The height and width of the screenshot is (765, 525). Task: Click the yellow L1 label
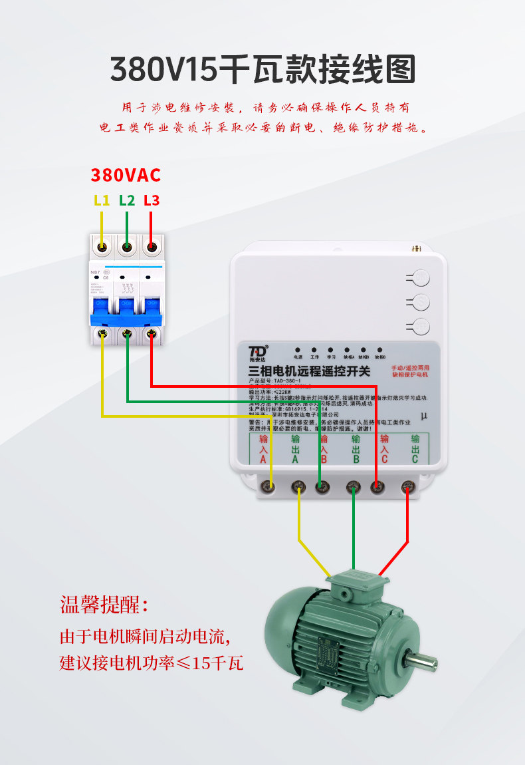pyautogui.click(x=101, y=200)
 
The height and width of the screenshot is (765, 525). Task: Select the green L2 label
pyautogui.click(x=127, y=200)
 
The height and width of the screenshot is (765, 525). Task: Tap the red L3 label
pyautogui.click(x=152, y=200)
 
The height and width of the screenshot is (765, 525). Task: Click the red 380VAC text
pyautogui.click(x=126, y=175)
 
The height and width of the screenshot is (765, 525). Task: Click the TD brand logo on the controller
pyautogui.click(x=258, y=351)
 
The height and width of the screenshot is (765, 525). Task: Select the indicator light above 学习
pyautogui.click(x=330, y=349)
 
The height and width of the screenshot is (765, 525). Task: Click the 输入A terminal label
pyautogui.click(x=263, y=449)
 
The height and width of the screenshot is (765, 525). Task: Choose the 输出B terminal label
pyautogui.click(x=355, y=449)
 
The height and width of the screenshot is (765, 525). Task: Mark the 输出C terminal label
pyautogui.click(x=415, y=449)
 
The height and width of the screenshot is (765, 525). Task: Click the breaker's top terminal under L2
pyautogui.click(x=127, y=247)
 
